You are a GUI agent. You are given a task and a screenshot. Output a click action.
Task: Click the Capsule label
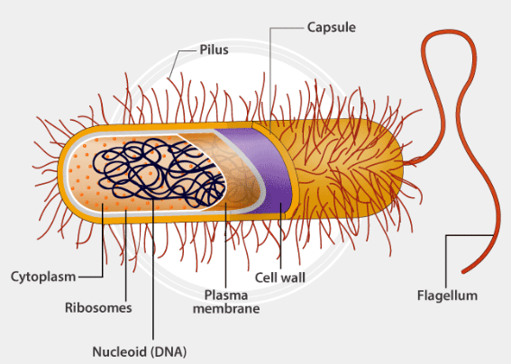[331, 27]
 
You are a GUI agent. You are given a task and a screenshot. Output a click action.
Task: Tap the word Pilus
[214, 50]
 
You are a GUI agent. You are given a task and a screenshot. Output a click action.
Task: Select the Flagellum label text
[447, 296]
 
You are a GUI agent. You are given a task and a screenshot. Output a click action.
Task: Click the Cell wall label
[280, 278]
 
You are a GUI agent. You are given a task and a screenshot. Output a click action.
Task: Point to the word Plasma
[226, 296]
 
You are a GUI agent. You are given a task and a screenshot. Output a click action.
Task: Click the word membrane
[226, 308]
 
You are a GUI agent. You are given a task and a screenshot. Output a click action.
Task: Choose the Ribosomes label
[98, 307]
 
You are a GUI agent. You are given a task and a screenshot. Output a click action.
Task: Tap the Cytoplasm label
[43, 277]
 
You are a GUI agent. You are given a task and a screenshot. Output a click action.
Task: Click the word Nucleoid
[120, 352]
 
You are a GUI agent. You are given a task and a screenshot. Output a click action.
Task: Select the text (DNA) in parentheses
[169, 352]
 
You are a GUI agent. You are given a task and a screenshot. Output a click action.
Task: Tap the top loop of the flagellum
[449, 32]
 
